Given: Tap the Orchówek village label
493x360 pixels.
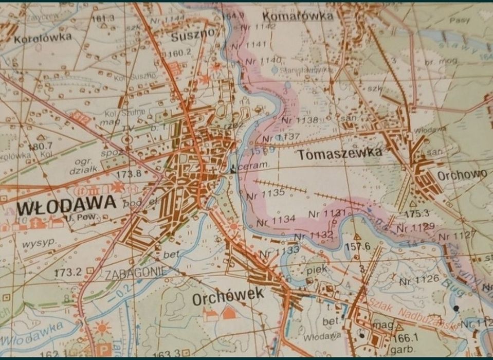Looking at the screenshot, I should (x=228, y=297).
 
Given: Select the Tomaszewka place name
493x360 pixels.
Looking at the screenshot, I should (x=339, y=153).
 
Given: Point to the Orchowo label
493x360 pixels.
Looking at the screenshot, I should (x=462, y=175).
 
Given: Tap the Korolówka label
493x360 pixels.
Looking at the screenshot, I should (x=43, y=38).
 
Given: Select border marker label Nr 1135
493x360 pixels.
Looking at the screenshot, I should (x=265, y=194).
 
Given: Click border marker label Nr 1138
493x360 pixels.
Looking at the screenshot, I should (x=300, y=120).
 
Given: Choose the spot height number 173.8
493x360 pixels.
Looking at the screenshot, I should (x=129, y=174).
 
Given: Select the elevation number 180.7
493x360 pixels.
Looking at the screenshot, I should (x=41, y=147).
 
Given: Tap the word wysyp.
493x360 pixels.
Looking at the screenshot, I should (x=39, y=243).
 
